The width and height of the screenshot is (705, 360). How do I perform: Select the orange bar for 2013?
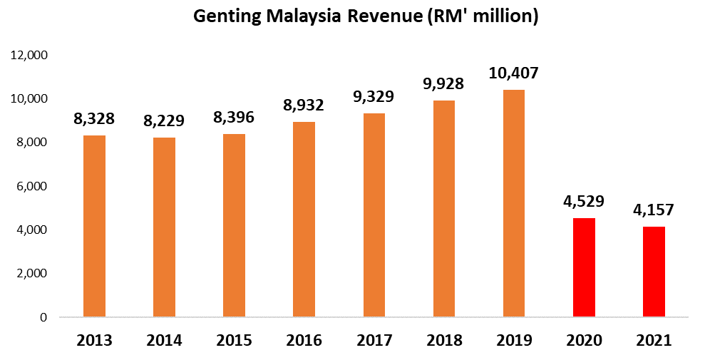click(94, 226)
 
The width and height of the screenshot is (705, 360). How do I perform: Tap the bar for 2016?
click(304, 219)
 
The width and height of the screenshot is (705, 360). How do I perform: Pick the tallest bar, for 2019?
click(514, 203)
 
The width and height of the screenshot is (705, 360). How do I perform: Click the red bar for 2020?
click(584, 267)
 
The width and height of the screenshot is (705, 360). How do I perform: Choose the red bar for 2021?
click(654, 272)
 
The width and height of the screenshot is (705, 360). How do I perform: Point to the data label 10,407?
click(514, 73)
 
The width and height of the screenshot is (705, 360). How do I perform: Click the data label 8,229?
click(164, 121)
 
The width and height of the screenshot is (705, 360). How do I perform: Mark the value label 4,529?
click(584, 202)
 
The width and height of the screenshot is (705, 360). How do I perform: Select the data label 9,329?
click(374, 97)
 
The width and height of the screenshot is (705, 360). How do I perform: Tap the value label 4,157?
click(654, 210)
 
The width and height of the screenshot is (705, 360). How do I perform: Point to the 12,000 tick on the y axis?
click(29, 55)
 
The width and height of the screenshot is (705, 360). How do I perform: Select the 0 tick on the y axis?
click(43, 317)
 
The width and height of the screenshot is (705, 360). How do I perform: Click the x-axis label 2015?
click(234, 341)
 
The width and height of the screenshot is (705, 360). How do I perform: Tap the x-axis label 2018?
click(444, 341)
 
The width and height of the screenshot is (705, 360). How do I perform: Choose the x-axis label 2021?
click(654, 341)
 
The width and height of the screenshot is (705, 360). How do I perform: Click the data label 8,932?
click(304, 106)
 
